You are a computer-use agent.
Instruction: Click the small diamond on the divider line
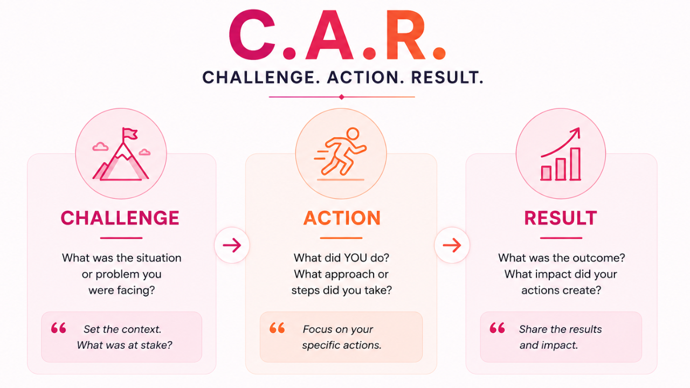point(341,97)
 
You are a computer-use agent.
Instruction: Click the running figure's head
point(353,134)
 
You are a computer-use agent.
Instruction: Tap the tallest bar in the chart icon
point(575,164)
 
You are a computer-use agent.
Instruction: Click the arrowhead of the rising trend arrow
point(576,132)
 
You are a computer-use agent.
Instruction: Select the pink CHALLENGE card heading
point(120,218)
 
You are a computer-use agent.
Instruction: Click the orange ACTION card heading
point(342,218)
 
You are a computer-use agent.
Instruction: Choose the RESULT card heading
point(561,218)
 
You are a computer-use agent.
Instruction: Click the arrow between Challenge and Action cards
point(232,245)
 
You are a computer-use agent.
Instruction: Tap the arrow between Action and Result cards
point(452,245)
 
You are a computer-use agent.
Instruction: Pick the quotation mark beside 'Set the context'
point(59,328)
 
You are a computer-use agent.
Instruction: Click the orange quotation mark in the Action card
point(277,328)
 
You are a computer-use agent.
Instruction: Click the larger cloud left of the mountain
point(100,147)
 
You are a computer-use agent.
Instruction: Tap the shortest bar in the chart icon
point(546,173)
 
